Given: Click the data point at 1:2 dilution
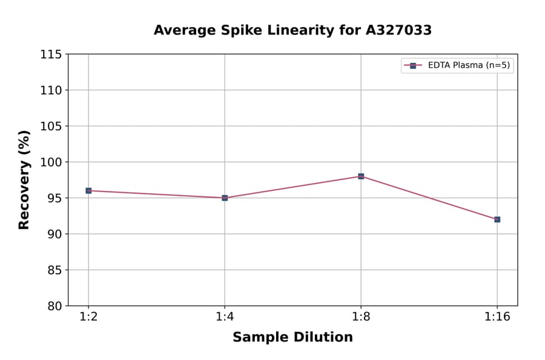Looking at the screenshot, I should tap(88, 190).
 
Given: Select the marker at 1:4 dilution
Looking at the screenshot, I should tap(225, 198).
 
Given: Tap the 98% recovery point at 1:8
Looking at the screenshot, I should tap(361, 176).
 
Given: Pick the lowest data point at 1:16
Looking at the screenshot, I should tap(497, 219).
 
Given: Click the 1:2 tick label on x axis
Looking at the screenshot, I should tap(88, 318).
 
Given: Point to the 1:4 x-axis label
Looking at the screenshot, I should tap(225, 318).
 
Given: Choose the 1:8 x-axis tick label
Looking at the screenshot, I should tap(361, 318).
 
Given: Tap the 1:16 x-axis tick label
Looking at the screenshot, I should tap(497, 318).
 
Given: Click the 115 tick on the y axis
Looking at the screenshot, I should tap(51, 55).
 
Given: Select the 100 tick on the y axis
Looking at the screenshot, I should tap(51, 162).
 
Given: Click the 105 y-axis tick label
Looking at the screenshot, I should tap(51, 126).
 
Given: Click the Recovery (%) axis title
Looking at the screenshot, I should tap(24, 179).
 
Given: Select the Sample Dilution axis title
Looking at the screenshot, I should tap(292, 338).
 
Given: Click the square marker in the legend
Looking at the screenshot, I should tap(413, 65).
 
